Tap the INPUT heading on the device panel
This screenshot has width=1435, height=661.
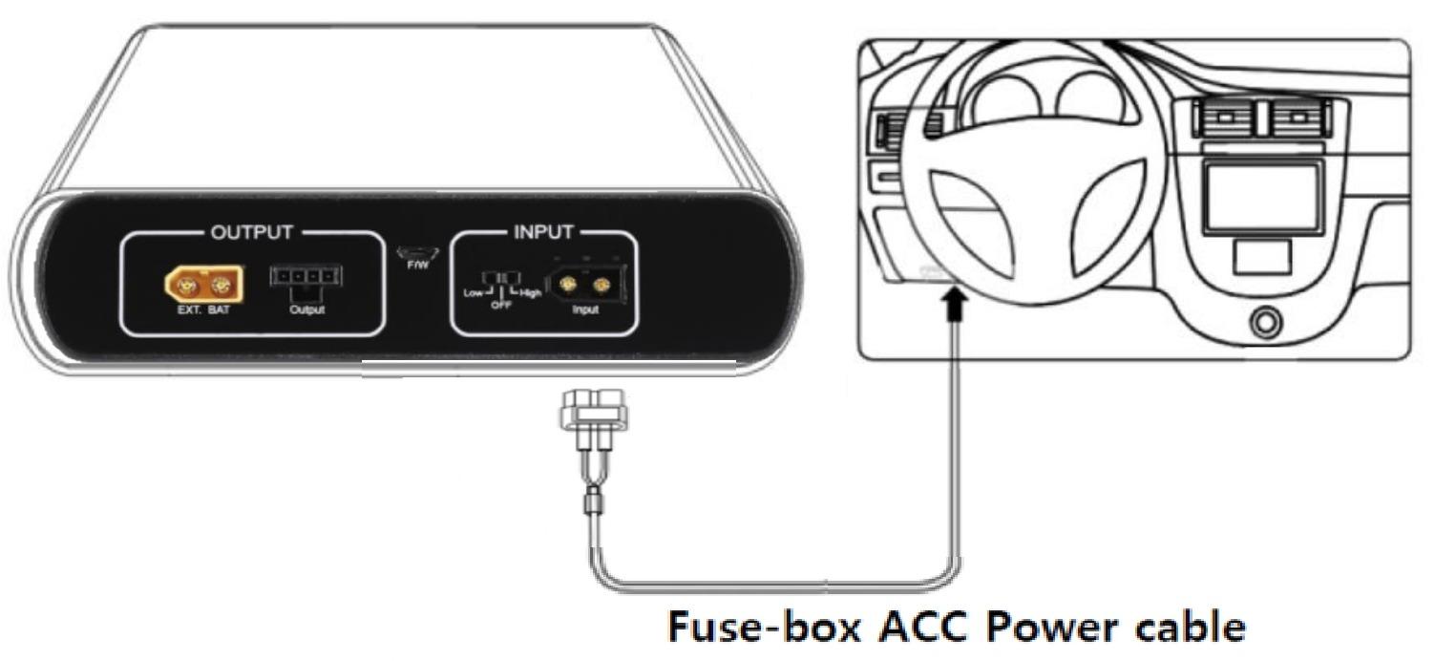click(x=543, y=232)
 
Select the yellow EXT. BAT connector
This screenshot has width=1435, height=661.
click(x=204, y=283)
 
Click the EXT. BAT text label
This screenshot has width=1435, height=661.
click(x=204, y=310)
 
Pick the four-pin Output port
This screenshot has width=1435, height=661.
click(x=306, y=278)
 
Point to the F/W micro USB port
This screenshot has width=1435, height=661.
click(x=417, y=252)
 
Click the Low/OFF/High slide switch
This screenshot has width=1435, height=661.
click(x=501, y=278)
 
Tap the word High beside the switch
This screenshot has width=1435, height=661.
click(x=531, y=293)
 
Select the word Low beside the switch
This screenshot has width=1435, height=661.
click(x=474, y=293)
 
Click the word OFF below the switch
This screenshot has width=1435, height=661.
click(x=501, y=306)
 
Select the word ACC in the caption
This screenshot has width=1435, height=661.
click(x=923, y=629)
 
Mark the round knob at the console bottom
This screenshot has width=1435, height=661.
click(x=1264, y=323)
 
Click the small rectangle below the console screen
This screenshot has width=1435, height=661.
click(x=1261, y=255)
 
